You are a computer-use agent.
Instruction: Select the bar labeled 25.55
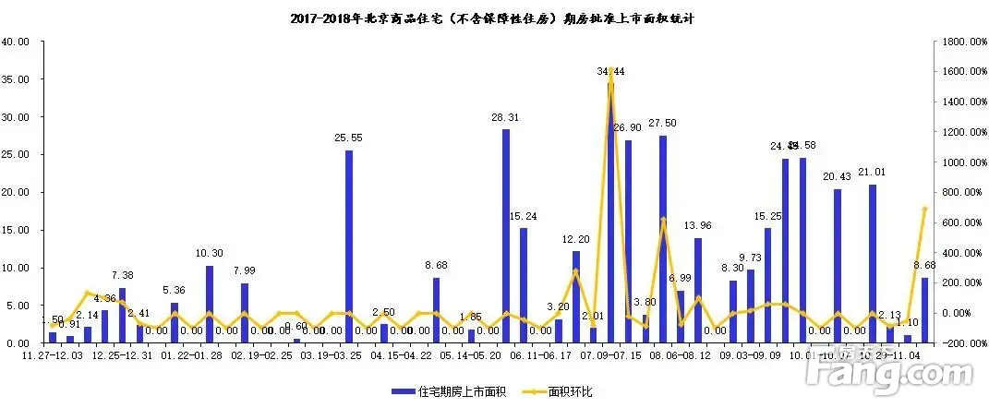[x=349, y=246]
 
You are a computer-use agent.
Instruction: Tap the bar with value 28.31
[x=506, y=235]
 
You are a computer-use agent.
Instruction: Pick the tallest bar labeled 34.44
[x=610, y=212]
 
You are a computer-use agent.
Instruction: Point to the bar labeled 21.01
[x=872, y=263]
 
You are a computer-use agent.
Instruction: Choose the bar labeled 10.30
[x=210, y=304]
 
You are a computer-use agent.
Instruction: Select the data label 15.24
[x=524, y=216]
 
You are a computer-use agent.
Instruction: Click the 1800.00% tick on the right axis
[x=959, y=42]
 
